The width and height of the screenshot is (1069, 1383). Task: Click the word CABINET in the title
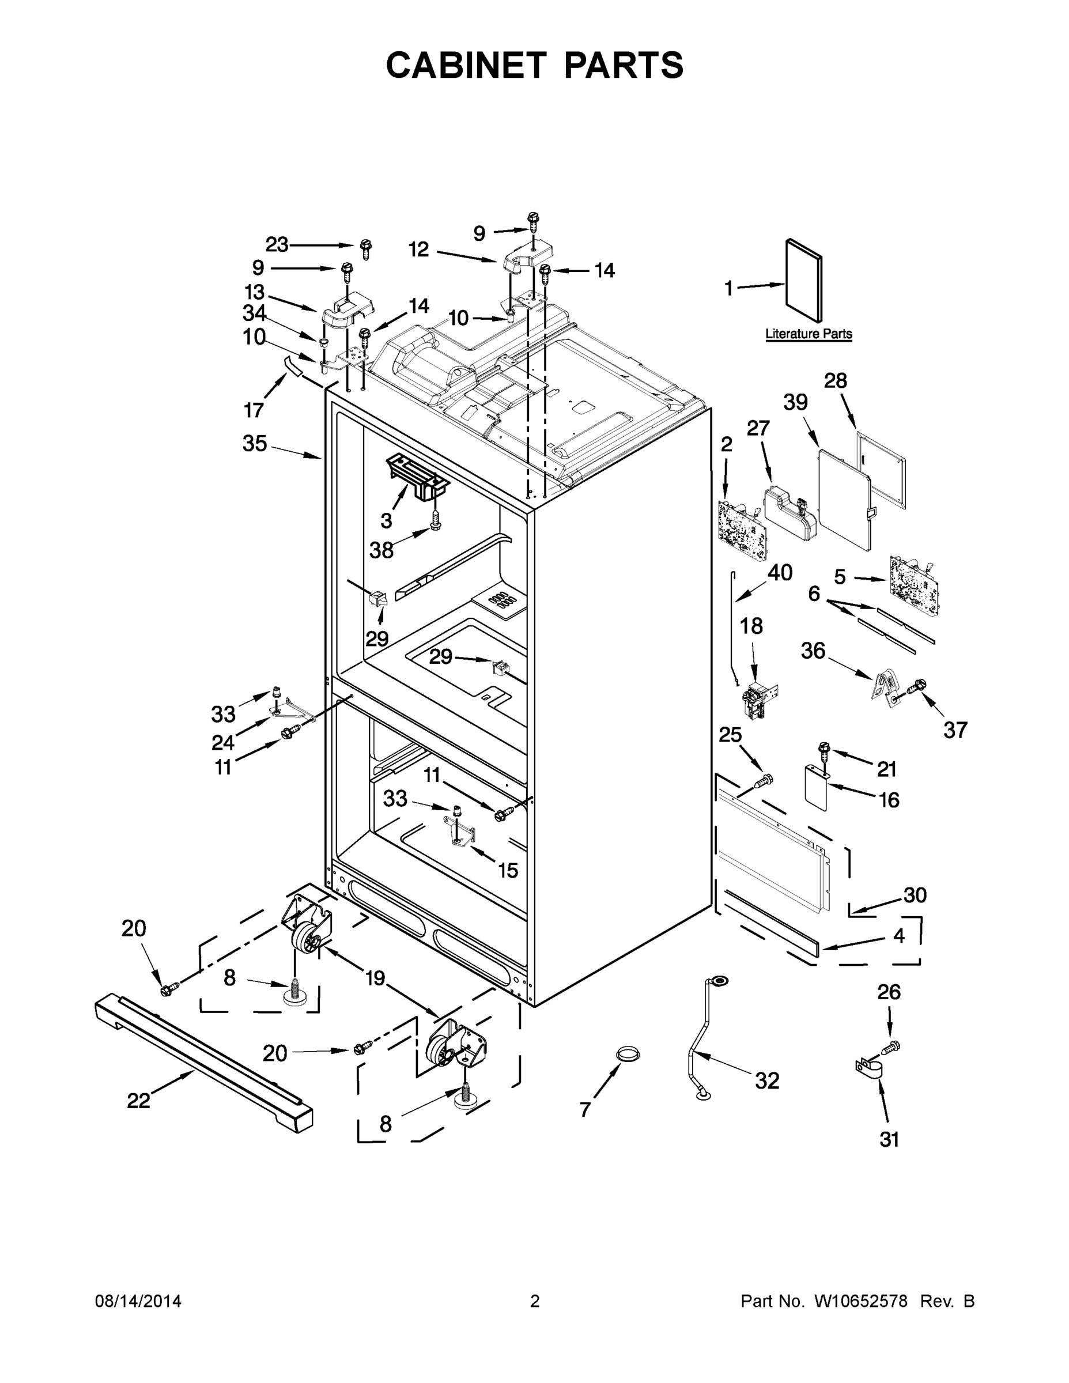point(466,65)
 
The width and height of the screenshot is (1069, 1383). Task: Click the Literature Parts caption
point(808,334)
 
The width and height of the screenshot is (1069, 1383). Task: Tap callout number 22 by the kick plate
point(139,1101)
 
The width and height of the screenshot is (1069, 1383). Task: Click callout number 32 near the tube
point(766,1080)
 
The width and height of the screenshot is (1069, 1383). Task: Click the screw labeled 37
point(916,686)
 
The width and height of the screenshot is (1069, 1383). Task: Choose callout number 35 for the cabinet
point(255,443)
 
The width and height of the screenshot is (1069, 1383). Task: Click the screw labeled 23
point(365,248)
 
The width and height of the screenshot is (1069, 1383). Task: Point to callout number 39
point(795,402)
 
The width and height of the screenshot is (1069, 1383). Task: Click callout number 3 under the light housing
point(386,520)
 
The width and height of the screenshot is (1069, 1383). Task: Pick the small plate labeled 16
point(817,788)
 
